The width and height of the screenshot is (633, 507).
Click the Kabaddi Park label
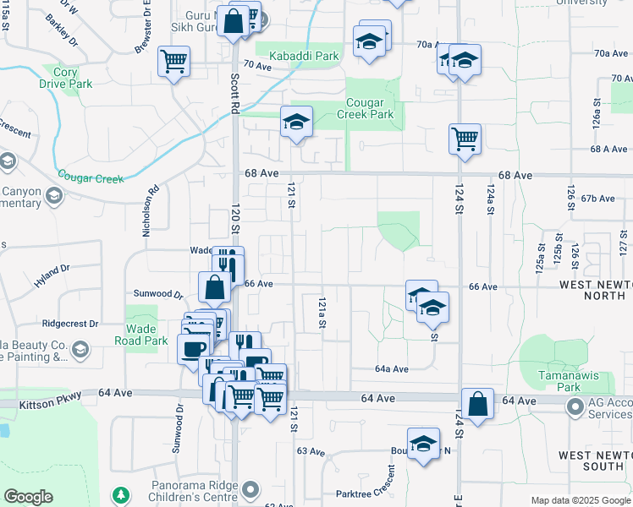(x=303, y=57)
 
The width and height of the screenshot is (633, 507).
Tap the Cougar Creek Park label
(x=366, y=108)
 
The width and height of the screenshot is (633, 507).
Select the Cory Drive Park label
(x=65, y=79)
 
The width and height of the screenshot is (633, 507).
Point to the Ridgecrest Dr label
(x=69, y=324)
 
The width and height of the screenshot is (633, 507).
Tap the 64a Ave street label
(x=392, y=369)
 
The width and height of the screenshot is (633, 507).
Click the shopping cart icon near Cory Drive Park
(x=173, y=61)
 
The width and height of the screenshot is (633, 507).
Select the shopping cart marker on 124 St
(x=465, y=139)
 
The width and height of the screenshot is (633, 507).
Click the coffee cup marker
(x=194, y=349)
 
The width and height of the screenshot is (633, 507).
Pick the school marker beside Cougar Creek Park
(x=296, y=122)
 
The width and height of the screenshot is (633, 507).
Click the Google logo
(x=28, y=497)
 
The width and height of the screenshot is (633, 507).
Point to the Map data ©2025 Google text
(x=581, y=500)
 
